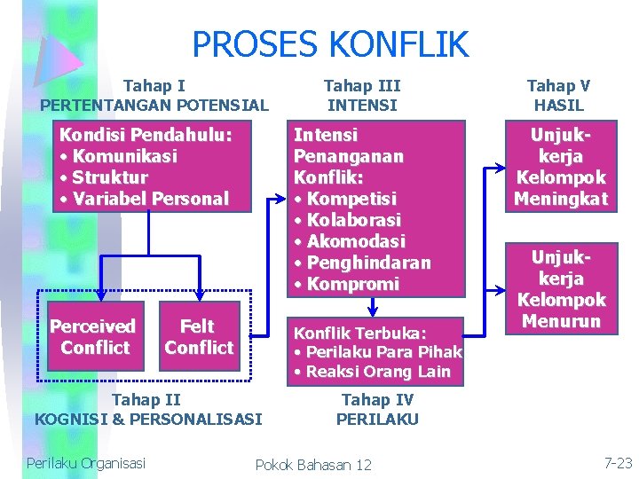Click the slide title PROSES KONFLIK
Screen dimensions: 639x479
[329, 43]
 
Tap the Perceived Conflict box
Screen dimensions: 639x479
[95, 337]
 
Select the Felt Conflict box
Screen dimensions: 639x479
[199, 337]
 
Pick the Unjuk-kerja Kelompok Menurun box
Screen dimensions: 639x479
[561, 288]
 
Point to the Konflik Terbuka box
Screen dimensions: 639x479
[377, 351]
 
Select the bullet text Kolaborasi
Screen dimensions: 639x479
[353, 220]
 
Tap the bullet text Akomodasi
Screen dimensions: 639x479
[355, 241]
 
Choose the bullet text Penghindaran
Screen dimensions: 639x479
[368, 263]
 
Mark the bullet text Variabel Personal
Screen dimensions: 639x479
[151, 199]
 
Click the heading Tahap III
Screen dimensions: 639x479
[362, 86]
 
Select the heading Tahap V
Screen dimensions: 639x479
[558, 86]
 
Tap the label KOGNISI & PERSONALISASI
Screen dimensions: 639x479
[148, 419]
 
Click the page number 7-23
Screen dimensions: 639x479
[618, 462]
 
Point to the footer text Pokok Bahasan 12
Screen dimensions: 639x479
[313, 465]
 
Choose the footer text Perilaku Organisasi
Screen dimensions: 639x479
[86, 462]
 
